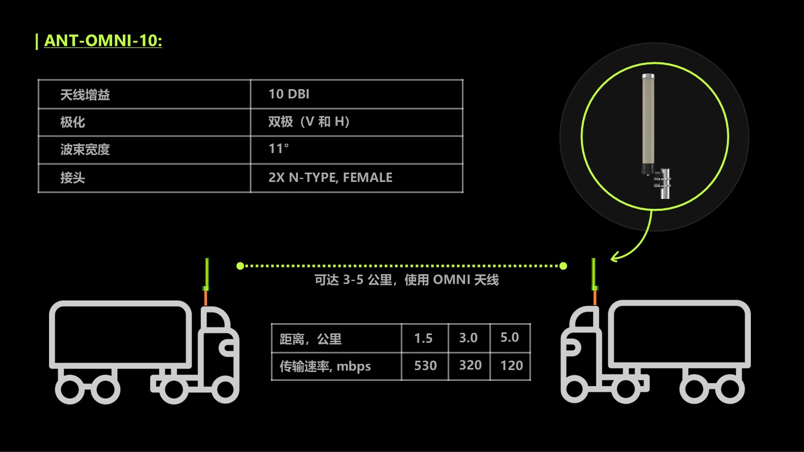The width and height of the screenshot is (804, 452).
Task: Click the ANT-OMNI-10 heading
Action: (103, 41)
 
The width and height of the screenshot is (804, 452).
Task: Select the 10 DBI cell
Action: (288, 94)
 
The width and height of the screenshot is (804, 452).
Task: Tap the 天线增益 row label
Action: (85, 95)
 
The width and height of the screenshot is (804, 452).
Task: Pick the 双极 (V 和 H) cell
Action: (309, 122)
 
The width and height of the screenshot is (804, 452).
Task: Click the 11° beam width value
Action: (278, 149)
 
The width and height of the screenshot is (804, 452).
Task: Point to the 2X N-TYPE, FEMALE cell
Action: (330, 177)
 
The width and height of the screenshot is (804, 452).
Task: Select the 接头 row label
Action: (73, 178)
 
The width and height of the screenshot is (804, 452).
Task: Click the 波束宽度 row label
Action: (85, 149)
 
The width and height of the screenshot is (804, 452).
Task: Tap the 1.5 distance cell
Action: (423, 338)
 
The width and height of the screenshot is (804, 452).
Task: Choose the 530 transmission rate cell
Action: (425, 366)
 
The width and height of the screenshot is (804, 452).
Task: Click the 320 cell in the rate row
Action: (470, 365)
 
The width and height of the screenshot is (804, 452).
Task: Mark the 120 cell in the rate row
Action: (511, 366)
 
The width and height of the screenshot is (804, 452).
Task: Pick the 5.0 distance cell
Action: (509, 338)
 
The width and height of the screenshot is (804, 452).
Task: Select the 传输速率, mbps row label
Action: (325, 366)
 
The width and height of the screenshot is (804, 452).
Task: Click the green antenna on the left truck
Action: (206, 275)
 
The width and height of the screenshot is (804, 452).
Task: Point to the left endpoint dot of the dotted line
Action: (240, 266)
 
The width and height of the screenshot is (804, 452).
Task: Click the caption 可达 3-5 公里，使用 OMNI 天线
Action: (407, 280)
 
